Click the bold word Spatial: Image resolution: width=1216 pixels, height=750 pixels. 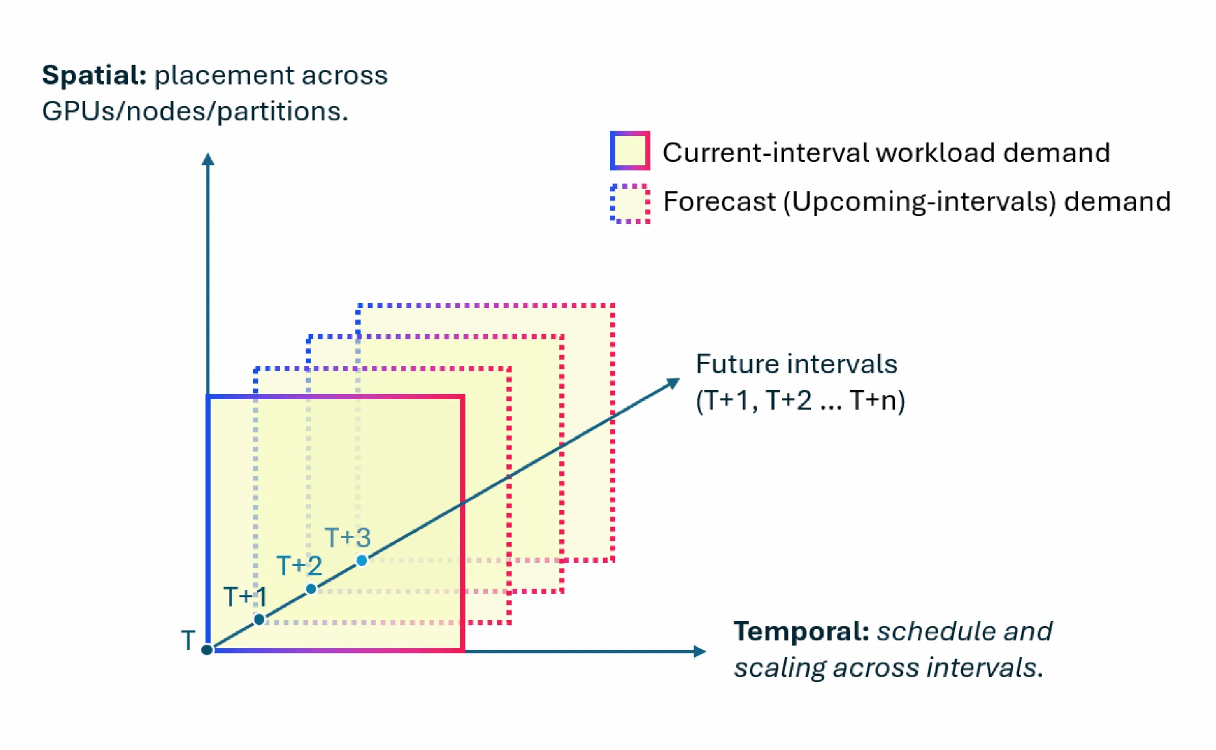point(94,76)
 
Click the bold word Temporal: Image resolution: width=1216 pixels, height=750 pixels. point(800,632)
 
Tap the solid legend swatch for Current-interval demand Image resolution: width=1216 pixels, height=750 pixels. point(629,151)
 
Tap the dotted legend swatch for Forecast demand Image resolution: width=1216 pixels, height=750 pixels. point(629,204)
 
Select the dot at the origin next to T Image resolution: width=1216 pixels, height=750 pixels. point(207,649)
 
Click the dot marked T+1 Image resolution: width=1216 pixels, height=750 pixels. point(259,619)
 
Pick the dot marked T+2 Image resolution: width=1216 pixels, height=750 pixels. point(311,589)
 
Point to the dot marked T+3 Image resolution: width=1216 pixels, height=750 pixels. point(362,560)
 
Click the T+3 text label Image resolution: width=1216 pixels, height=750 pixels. point(348,538)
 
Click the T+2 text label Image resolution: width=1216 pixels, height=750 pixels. point(299,566)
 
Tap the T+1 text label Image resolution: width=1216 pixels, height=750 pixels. point(246,597)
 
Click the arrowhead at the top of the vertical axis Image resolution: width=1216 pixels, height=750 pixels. point(208,159)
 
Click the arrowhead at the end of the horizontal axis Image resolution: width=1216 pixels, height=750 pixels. point(700,651)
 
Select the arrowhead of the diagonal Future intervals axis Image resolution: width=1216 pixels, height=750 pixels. point(673,383)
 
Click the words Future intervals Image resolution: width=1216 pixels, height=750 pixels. point(796,364)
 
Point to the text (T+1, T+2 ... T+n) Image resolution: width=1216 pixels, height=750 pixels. point(800,400)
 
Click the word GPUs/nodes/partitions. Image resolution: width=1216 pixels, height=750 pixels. point(195,111)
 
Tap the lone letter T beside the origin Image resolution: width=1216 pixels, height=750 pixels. point(188,640)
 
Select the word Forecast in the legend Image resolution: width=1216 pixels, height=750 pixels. point(719,202)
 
